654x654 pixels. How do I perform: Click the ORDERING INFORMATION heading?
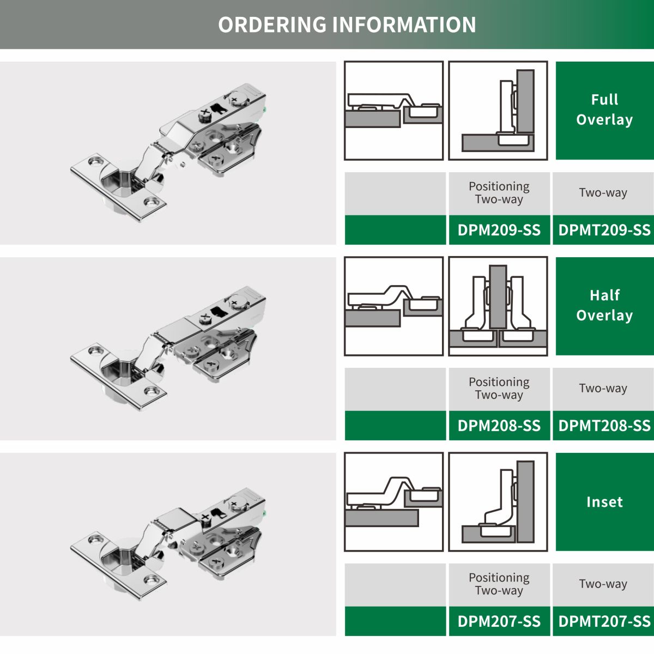[x=347, y=25]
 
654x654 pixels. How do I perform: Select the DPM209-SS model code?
[x=499, y=230]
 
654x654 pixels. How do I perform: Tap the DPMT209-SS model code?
[x=604, y=230]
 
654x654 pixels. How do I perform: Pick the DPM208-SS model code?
[x=499, y=425]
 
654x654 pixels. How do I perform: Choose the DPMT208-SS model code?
[x=604, y=425]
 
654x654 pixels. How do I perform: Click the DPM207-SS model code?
[x=499, y=621]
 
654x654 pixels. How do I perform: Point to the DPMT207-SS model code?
[x=604, y=621]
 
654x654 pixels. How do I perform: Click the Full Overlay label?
[x=604, y=110]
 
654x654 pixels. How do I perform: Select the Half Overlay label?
[x=604, y=305]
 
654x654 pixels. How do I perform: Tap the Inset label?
[x=604, y=501]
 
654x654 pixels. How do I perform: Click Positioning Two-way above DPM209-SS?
[x=499, y=192]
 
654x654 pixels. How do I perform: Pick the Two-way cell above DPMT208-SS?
[x=603, y=388]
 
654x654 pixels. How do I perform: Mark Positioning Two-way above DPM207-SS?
[x=499, y=584]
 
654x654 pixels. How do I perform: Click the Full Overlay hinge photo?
[x=168, y=153]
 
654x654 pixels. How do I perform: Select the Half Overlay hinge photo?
[x=168, y=349]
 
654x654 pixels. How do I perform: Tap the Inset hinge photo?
[x=168, y=544]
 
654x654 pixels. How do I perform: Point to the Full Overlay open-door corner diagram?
[x=498, y=110]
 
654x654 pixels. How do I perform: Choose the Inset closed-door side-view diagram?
[x=393, y=501]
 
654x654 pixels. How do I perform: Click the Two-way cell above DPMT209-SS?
[x=603, y=192]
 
